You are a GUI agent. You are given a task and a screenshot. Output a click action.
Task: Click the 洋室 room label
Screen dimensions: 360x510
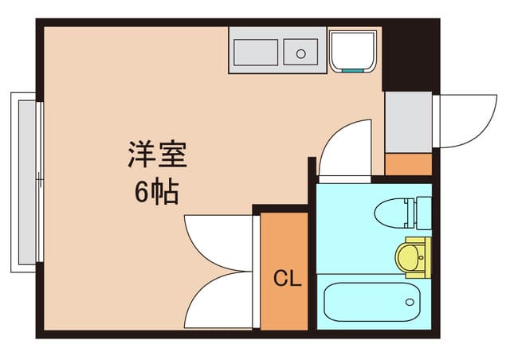(x=157, y=155)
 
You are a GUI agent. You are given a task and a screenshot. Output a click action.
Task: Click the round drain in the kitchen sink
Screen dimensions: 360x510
(x=300, y=54)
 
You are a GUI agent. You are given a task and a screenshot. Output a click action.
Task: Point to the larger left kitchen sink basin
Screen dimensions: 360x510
(x=256, y=53)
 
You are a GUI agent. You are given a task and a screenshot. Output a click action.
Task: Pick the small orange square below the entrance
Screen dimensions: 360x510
(x=407, y=165)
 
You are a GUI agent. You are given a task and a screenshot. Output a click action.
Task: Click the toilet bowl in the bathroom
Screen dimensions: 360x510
(x=390, y=212)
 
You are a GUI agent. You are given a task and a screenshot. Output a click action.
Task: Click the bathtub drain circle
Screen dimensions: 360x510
(x=410, y=302)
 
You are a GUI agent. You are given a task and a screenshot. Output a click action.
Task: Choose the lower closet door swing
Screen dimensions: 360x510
(x=219, y=299)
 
